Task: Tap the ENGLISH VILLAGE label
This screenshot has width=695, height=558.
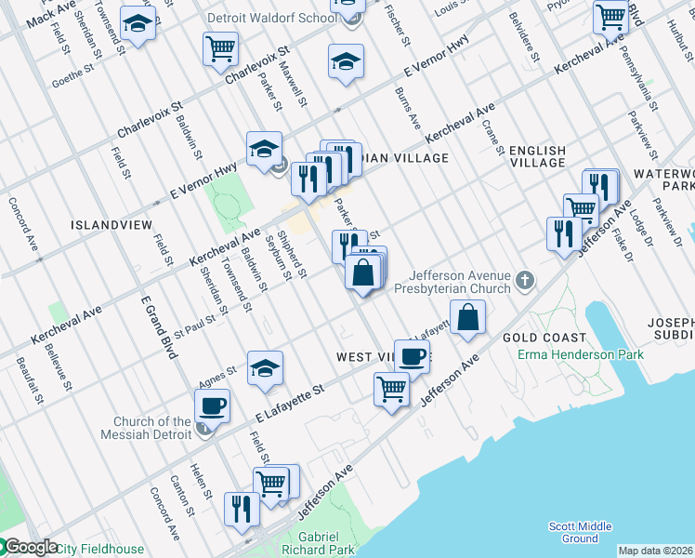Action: click(x=537, y=156)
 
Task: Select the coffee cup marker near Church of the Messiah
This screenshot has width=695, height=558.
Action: click(x=213, y=406)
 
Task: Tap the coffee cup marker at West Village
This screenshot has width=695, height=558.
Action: click(x=412, y=356)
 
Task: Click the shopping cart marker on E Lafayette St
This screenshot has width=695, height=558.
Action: click(x=391, y=389)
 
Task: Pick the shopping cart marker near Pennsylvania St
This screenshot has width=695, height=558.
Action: click(x=610, y=16)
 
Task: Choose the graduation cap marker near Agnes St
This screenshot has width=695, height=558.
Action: click(x=265, y=368)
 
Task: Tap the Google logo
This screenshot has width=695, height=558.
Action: click(x=30, y=548)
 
